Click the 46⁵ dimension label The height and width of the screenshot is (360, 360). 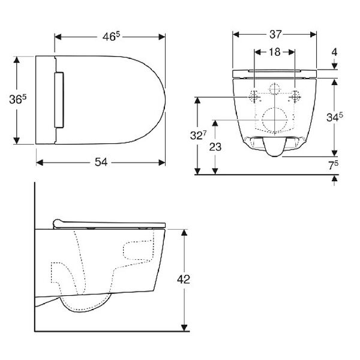click(111, 37)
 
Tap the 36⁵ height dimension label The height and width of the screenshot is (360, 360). click(17, 99)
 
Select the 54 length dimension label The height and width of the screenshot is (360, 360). click(101, 163)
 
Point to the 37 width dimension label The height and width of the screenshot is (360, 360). click(275, 34)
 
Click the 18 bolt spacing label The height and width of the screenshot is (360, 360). click(275, 52)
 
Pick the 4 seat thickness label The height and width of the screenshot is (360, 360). click(335, 52)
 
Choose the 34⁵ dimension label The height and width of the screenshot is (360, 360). click(335, 117)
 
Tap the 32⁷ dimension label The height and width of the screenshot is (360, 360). click(199, 136)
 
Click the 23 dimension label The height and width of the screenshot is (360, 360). click(215, 147)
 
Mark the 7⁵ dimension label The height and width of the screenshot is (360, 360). click(333, 165)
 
